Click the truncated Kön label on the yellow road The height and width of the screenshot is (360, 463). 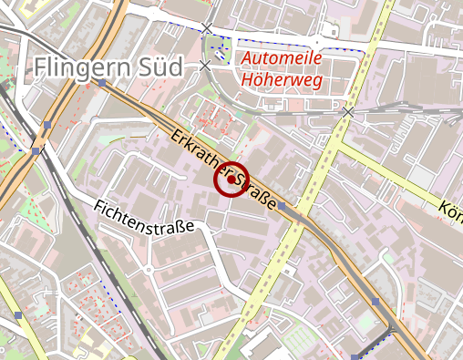pyautogui.click(x=450, y=212)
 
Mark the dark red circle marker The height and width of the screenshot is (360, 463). pyautogui.click(x=231, y=180)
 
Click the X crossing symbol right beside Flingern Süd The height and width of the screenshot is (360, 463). pyautogui.click(x=205, y=66)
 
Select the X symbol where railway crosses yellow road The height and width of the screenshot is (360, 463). pyautogui.click(x=348, y=111)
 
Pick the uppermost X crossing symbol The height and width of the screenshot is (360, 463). pyautogui.click(x=208, y=28)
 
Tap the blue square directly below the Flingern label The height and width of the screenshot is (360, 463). pyautogui.click(x=102, y=83)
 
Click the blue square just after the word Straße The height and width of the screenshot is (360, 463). pyautogui.click(x=283, y=208)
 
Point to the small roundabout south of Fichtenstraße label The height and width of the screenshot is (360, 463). pyautogui.click(x=148, y=270)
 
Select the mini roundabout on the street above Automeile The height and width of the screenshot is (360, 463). pyautogui.click(x=317, y=43)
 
